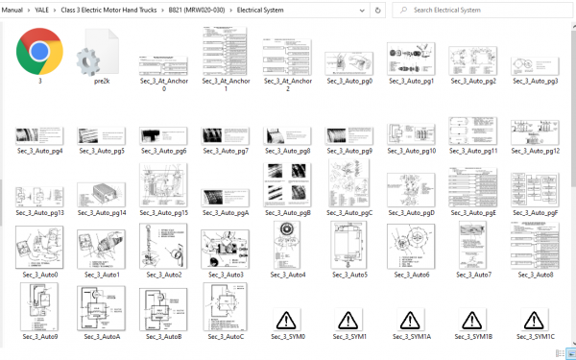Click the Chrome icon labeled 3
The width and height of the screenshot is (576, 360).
click(x=39, y=52)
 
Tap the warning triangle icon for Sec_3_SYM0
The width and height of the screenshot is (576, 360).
click(x=286, y=320)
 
